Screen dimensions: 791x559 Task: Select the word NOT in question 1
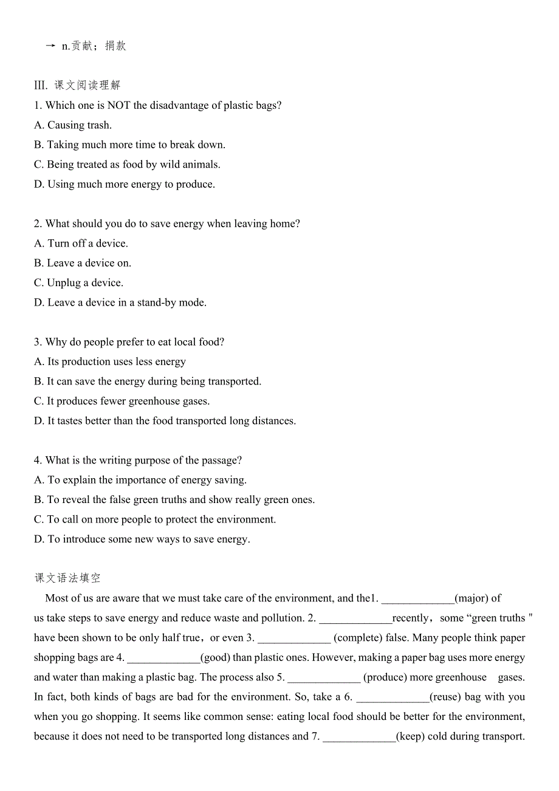click(119, 105)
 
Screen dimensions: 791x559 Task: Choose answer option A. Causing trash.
click(73, 125)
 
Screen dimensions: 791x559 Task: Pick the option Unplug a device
click(78, 282)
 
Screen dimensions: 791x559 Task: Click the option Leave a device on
click(83, 263)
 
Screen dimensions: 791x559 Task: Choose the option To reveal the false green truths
click(174, 499)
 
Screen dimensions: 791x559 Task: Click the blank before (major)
click(417, 599)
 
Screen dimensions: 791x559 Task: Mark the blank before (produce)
click(324, 678)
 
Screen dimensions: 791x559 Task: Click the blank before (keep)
click(359, 737)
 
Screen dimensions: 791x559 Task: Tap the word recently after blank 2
click(411, 618)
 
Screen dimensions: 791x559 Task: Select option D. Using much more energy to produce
click(125, 184)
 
